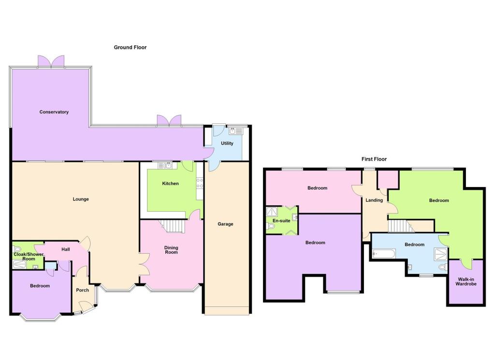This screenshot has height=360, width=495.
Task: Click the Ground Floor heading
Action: click(x=130, y=47)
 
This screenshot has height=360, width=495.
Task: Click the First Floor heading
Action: click(x=374, y=159)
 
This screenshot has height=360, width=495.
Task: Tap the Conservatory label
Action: click(x=54, y=112)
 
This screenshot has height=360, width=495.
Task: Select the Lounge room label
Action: click(x=81, y=199)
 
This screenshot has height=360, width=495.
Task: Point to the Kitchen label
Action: click(x=170, y=184)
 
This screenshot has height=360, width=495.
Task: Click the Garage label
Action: click(x=225, y=224)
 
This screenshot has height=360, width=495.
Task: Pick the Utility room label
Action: click(x=227, y=144)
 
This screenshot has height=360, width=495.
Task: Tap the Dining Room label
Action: click(x=171, y=250)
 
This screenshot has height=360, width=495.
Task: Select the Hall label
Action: click(x=66, y=249)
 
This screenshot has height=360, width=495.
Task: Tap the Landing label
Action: click(x=374, y=200)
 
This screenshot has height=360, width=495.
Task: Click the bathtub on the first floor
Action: click(x=384, y=254)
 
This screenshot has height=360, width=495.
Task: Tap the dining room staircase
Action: click(x=173, y=226)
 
